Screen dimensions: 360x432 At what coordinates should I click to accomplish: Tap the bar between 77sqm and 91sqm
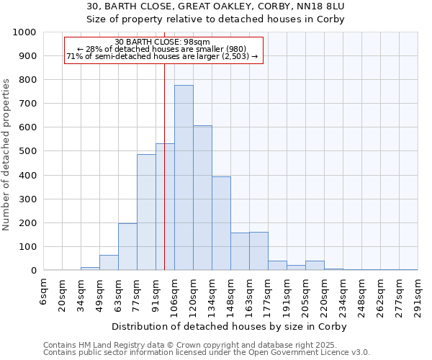pyautogui.click(x=146, y=212)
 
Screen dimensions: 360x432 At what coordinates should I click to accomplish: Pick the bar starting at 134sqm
pyautogui.click(x=221, y=223)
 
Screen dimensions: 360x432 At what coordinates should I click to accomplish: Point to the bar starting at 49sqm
pyautogui.click(x=109, y=263)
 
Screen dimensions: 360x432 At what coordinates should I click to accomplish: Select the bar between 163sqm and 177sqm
pyautogui.click(x=258, y=251)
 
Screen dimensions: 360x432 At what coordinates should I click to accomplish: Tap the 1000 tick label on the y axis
pyautogui.click(x=24, y=32)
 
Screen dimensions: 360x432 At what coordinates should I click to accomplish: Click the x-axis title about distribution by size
pyautogui.click(x=230, y=326)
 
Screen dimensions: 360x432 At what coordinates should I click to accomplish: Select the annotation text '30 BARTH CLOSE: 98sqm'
pyautogui.click(x=162, y=42)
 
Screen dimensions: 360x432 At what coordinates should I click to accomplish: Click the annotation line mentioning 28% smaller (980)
pyautogui.click(x=162, y=49)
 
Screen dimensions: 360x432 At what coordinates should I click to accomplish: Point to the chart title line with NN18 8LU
pyautogui.click(x=216, y=6)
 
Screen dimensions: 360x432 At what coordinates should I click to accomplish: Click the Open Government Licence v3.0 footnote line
pyautogui.click(x=207, y=353)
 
